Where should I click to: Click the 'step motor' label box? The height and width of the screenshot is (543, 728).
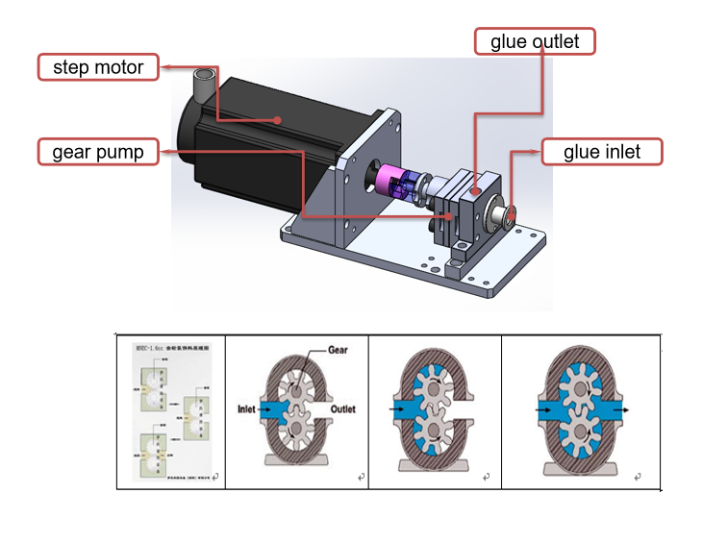click(x=98, y=67)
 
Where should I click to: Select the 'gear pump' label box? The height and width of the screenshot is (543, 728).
click(x=98, y=152)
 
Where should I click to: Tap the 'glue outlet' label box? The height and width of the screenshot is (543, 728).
click(x=536, y=41)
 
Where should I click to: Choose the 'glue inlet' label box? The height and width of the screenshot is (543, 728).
click(x=603, y=152)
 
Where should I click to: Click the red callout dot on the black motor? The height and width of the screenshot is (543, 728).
click(x=279, y=120)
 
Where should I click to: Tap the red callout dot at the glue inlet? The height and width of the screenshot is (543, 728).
click(x=514, y=210)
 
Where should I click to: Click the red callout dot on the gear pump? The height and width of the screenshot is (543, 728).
click(x=448, y=217)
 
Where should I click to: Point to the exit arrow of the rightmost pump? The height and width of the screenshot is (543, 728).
click(x=623, y=407)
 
